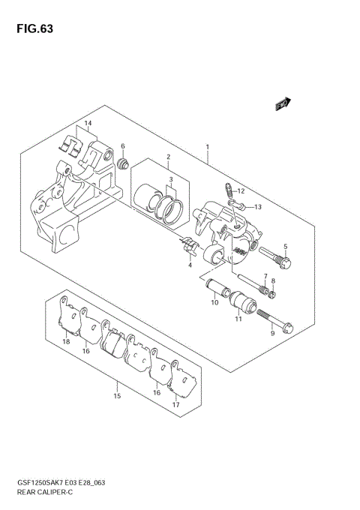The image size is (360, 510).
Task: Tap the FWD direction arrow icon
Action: tap(283, 105)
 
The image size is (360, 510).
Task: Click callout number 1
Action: tap(207, 147)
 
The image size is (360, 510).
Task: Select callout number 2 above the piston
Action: tap(169, 157)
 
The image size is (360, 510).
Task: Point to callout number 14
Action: tap(88, 123)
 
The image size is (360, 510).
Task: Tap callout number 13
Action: tap(256, 206)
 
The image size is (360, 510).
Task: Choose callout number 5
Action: tap(285, 247)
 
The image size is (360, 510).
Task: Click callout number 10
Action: tap(214, 304)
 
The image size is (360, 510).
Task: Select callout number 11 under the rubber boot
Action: tap(238, 320)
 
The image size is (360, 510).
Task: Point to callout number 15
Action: tap(116, 396)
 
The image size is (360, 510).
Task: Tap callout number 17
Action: tap(177, 405)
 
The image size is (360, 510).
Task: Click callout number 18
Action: tap(66, 342)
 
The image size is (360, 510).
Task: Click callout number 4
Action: tap(190, 265)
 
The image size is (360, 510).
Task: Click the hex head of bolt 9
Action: tap(289, 327)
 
